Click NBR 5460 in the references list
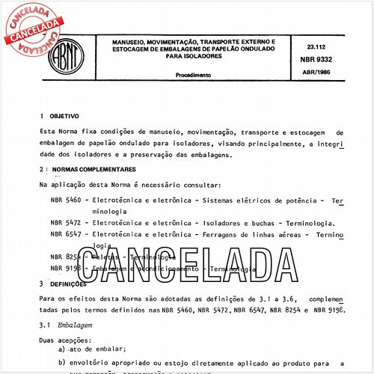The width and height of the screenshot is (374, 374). point(65,201)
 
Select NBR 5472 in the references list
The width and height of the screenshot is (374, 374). point(65,223)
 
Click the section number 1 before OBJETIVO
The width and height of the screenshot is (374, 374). point(42,117)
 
